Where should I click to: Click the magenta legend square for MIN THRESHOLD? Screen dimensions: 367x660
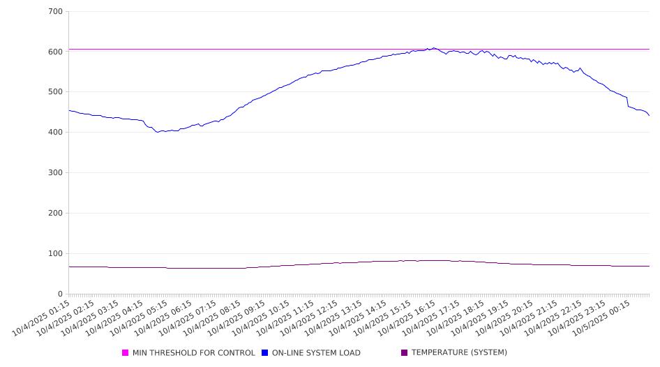coord(126,353)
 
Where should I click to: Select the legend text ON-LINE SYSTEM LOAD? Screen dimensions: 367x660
coord(316,353)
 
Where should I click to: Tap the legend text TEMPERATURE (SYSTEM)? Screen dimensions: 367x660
coord(459,353)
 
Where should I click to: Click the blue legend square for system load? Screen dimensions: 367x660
coord(265,353)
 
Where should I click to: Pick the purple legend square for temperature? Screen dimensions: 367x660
coord(405,353)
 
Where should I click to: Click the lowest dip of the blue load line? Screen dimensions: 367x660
coord(158,132)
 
